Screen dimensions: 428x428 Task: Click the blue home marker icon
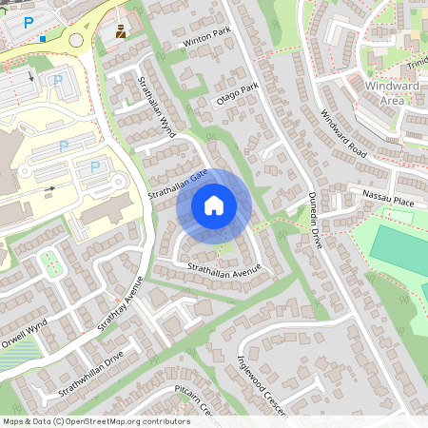[x=214, y=204]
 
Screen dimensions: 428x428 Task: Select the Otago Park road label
[x=237, y=97]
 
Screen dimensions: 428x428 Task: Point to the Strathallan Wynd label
[x=157, y=107]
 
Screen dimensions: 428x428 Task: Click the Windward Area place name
[x=391, y=93]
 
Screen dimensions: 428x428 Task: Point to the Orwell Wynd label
[x=24, y=315]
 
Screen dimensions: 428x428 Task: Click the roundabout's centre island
[x=77, y=39]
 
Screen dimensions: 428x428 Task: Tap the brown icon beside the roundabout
[x=121, y=31]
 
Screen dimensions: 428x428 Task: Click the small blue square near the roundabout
[x=43, y=39]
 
